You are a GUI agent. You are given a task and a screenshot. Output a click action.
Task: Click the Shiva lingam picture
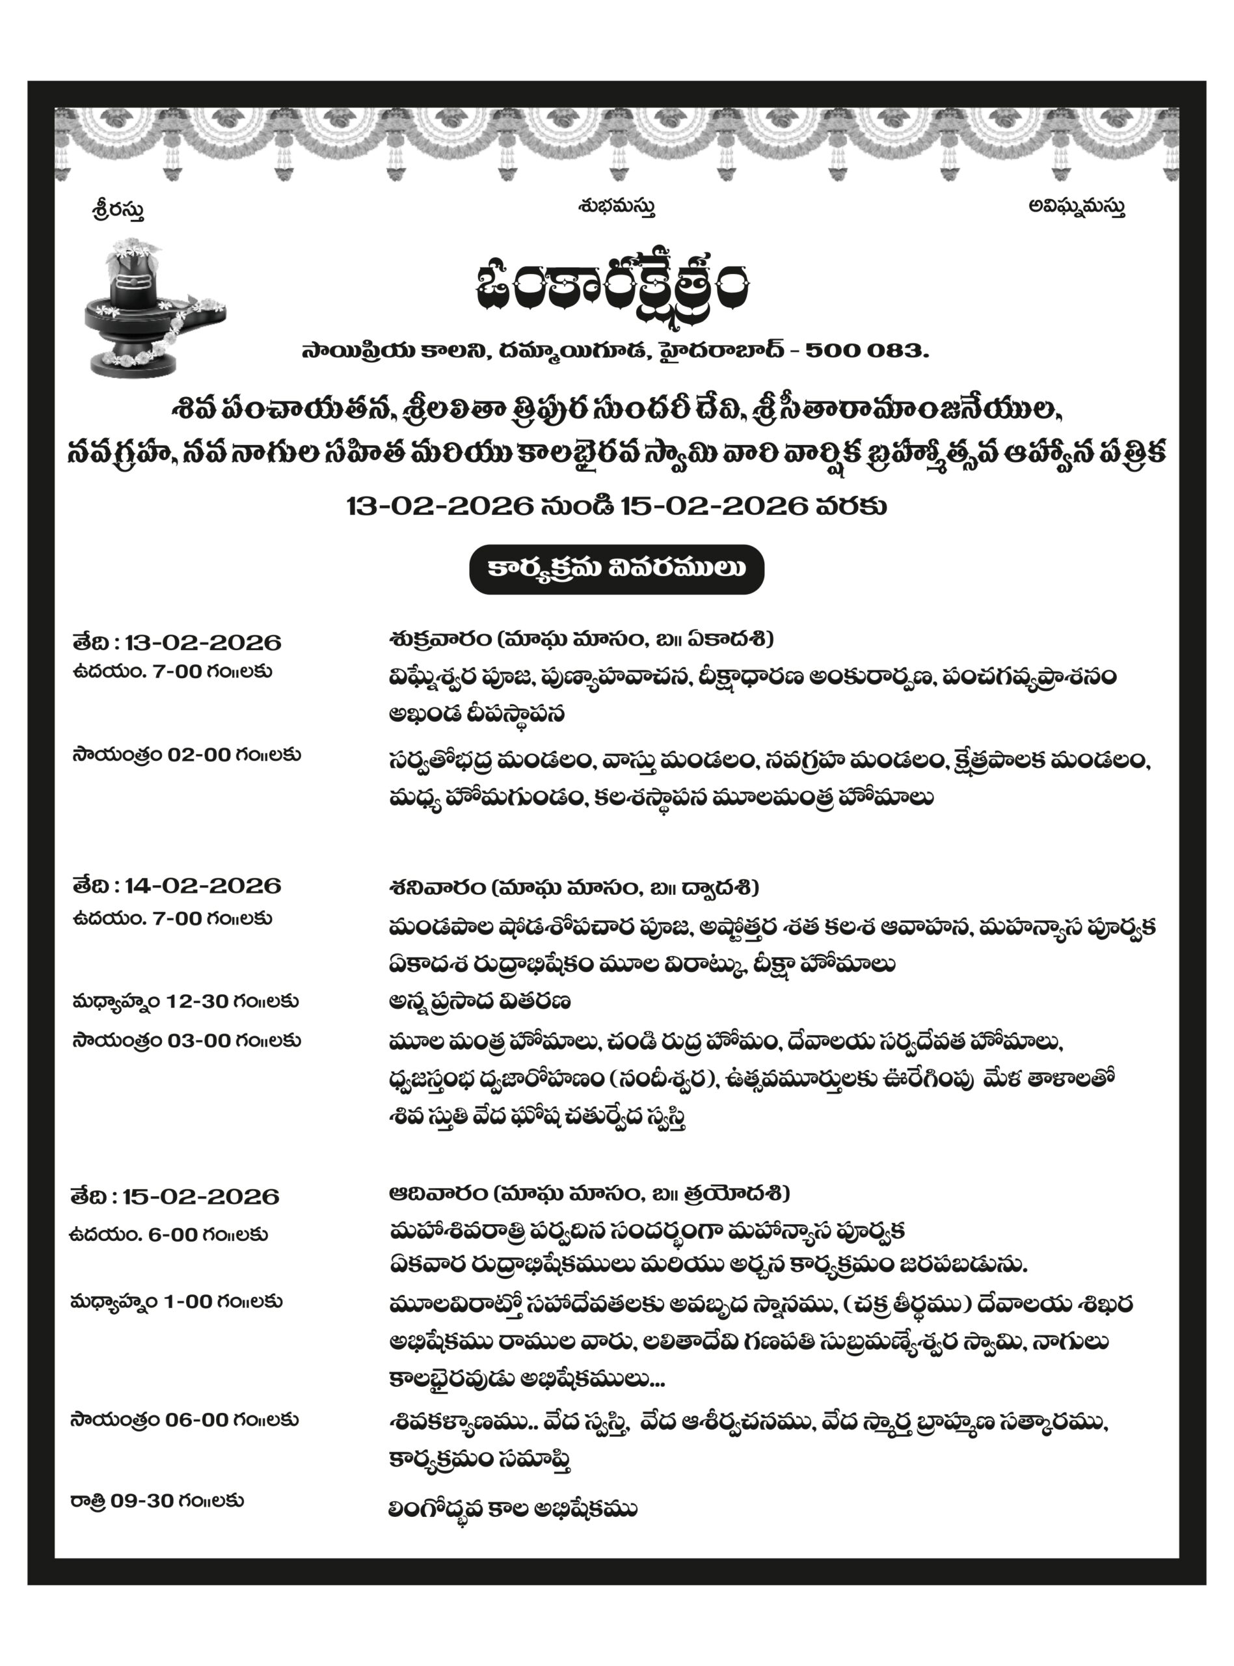coord(152,308)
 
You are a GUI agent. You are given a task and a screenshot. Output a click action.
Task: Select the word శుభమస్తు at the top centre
coord(616,206)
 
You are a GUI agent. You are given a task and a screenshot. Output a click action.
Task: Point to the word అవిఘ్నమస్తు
coord(1077,206)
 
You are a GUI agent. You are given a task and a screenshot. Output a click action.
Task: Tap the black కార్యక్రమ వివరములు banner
coord(616,569)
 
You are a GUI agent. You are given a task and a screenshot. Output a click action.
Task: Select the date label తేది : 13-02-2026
coord(177,642)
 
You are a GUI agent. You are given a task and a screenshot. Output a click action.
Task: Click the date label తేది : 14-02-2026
coord(177,886)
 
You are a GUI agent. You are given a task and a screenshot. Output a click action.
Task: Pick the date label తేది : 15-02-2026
coord(176,1196)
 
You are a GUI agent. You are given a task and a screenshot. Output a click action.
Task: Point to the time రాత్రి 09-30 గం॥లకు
coord(157,1501)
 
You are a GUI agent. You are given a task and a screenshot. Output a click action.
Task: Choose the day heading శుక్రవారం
coord(439,639)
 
